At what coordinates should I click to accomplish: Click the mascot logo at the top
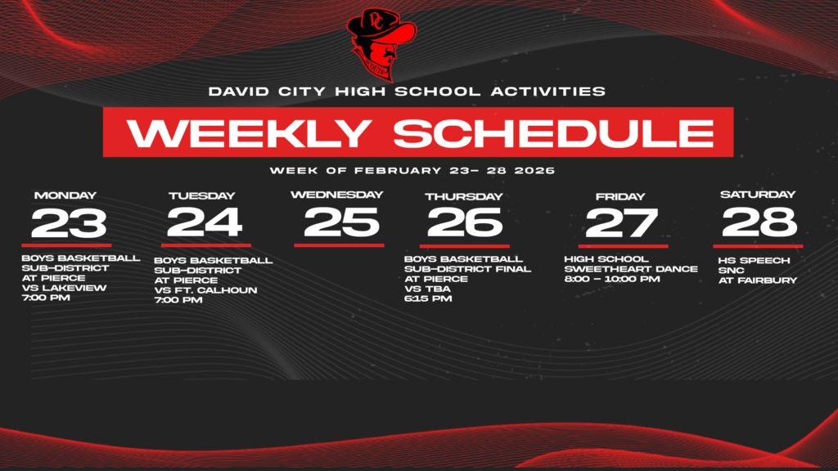(381, 44)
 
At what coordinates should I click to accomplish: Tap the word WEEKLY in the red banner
(249, 133)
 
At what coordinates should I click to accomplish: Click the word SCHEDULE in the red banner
(554, 133)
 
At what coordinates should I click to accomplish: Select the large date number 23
(69, 223)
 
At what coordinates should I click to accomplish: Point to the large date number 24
(205, 222)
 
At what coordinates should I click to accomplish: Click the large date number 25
(341, 222)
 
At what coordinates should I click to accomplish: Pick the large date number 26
(465, 222)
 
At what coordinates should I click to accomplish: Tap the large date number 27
(622, 223)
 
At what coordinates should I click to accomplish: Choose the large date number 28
(759, 222)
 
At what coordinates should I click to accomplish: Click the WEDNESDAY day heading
(336, 195)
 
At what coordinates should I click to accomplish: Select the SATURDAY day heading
(758, 195)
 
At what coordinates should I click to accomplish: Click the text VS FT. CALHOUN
(205, 290)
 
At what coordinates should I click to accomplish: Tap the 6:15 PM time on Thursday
(428, 298)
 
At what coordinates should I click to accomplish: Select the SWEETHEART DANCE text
(631, 269)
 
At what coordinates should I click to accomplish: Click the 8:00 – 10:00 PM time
(612, 279)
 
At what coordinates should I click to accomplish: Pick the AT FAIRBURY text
(758, 280)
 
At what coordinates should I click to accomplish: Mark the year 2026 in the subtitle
(534, 171)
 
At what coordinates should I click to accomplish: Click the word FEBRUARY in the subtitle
(398, 171)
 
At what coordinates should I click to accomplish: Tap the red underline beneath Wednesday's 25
(339, 245)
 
